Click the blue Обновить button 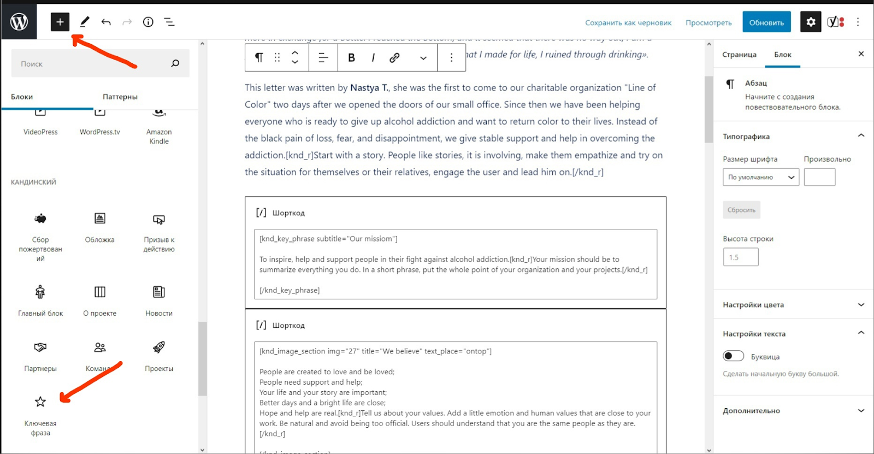(766, 22)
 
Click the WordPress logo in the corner (19, 22)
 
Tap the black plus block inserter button (60, 22)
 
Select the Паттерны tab (120, 97)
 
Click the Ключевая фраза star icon (40, 402)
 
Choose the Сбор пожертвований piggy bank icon (40, 219)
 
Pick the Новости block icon (159, 292)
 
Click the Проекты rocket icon (159, 347)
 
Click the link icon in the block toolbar (394, 57)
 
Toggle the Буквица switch (733, 356)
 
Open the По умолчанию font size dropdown (761, 177)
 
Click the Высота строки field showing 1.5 (740, 257)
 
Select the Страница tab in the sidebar (739, 55)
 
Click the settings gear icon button (811, 22)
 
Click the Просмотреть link (708, 23)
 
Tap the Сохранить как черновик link (628, 23)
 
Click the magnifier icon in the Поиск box (175, 63)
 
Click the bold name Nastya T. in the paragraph (369, 87)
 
